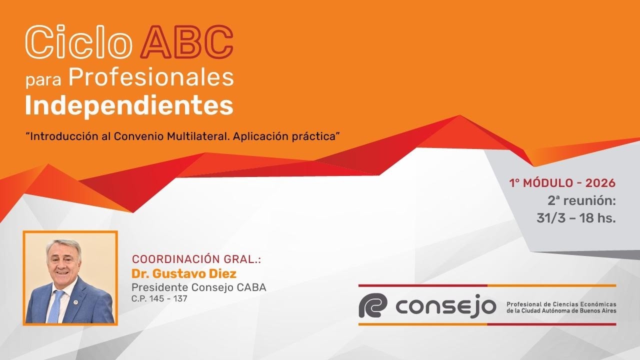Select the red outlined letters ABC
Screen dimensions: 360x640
[x=187, y=42]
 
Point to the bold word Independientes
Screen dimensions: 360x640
[x=129, y=105]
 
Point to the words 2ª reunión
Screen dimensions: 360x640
[x=581, y=200]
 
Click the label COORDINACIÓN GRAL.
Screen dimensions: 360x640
[x=196, y=259]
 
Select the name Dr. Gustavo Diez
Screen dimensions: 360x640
[x=184, y=273]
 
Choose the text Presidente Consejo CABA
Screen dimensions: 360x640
[x=198, y=287]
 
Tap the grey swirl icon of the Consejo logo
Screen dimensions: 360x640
[x=373, y=305]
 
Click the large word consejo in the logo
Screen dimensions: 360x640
[x=445, y=306]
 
